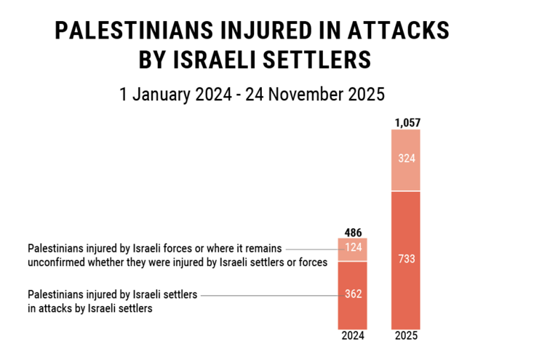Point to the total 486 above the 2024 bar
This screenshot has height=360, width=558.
(x=352, y=232)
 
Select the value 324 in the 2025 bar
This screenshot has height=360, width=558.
(x=406, y=158)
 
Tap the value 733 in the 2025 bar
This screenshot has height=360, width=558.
(x=406, y=258)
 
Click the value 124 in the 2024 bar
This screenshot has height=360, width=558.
(x=352, y=249)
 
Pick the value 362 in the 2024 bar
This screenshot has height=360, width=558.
(x=352, y=295)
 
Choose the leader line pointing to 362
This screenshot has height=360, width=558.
(x=269, y=295)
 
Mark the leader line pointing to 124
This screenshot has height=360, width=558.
(x=313, y=249)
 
